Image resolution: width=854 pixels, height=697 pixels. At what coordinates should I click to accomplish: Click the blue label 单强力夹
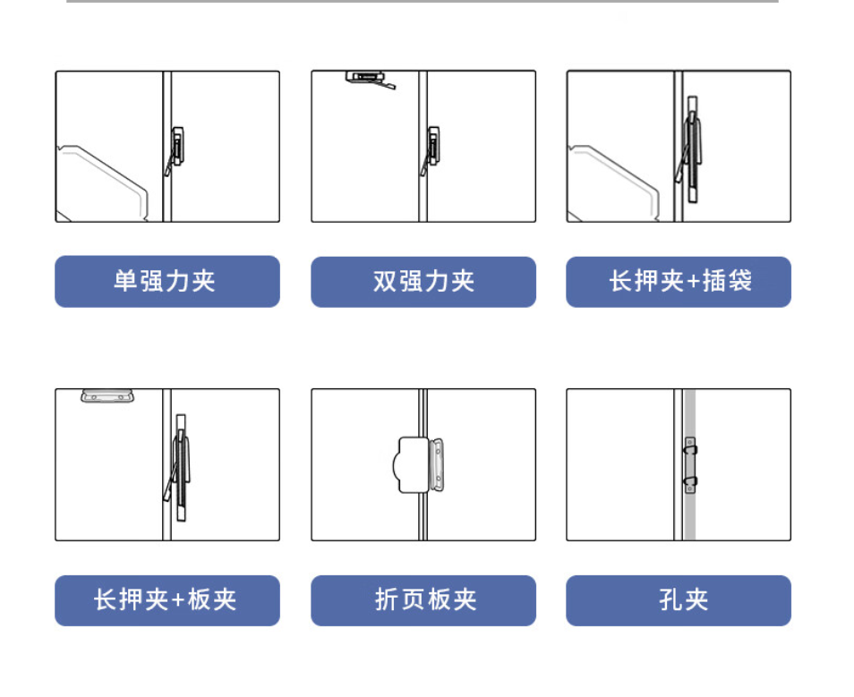click(x=167, y=282)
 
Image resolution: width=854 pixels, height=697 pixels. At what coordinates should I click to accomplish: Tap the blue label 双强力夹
click(x=423, y=282)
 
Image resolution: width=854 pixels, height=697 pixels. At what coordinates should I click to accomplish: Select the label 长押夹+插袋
click(x=679, y=282)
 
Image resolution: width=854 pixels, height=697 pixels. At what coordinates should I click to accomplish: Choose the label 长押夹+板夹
click(x=167, y=600)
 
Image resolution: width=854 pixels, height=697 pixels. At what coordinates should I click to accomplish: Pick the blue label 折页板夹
click(x=423, y=600)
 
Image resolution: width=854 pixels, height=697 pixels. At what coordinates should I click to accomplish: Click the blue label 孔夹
click(x=679, y=600)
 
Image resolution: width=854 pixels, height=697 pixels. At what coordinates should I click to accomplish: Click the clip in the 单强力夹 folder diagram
click(x=175, y=150)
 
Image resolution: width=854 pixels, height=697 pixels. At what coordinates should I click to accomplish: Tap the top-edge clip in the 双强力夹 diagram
click(x=371, y=80)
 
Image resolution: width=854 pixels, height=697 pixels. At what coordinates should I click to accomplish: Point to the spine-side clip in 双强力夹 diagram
click(x=431, y=150)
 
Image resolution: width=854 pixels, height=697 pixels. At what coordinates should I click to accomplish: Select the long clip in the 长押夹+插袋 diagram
click(x=690, y=149)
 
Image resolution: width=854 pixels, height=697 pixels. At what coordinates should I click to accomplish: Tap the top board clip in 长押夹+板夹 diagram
click(x=107, y=395)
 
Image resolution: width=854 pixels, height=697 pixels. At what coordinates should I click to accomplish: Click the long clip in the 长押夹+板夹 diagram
click(x=179, y=467)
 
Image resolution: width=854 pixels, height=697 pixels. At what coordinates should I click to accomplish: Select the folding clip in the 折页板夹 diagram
click(x=418, y=465)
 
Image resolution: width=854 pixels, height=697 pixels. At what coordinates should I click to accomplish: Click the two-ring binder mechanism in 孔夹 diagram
click(x=690, y=465)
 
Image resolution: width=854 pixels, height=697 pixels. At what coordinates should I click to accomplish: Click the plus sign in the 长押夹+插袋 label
click(x=694, y=282)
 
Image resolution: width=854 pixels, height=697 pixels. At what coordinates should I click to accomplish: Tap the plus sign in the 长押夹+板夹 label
click(x=178, y=600)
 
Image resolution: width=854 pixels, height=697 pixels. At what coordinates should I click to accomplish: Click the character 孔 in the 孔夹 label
click(x=670, y=600)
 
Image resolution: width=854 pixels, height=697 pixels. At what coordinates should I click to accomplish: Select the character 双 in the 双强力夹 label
click(x=385, y=282)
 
